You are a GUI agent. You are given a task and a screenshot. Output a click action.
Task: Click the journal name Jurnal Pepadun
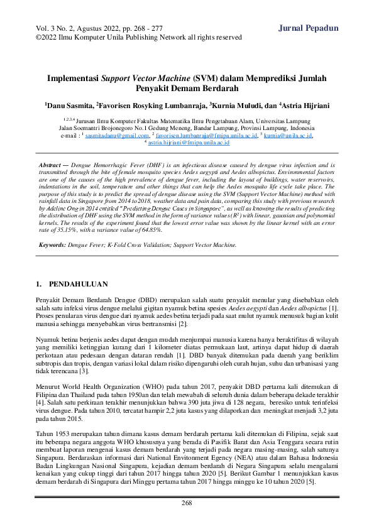308,28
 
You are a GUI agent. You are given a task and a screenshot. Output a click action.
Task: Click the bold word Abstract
53,164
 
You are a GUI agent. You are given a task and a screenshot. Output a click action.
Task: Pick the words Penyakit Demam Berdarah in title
187,90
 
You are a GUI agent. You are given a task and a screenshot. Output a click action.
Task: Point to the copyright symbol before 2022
39,37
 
